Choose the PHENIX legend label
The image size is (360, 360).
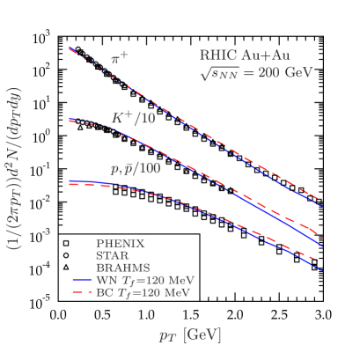pos(121,242)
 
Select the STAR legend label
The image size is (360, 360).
pos(114,254)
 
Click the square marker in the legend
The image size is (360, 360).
pos(66,242)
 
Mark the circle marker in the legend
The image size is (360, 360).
pos(66,254)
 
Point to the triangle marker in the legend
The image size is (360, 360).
pos(66,267)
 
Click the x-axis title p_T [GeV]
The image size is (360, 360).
pos(190,335)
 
